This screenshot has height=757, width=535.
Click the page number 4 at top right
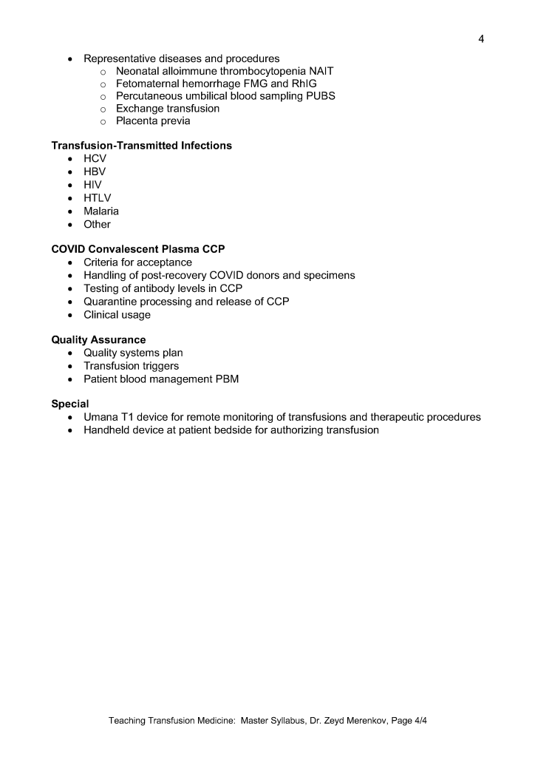[481, 38]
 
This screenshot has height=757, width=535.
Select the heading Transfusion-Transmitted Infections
[141, 146]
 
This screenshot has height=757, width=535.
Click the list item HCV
[95, 159]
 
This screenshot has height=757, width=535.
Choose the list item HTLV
[98, 198]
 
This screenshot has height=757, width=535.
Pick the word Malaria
[101, 211]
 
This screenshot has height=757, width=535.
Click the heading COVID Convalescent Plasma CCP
[137, 249]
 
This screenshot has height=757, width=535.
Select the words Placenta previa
[153, 121]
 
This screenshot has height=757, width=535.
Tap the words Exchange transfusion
[168, 109]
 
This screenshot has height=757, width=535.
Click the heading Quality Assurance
[98, 340]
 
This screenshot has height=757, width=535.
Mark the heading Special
[70, 404]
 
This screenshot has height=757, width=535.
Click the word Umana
[100, 417]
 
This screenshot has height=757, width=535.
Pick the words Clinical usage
[117, 315]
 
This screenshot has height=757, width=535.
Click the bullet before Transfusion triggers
[69, 367]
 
